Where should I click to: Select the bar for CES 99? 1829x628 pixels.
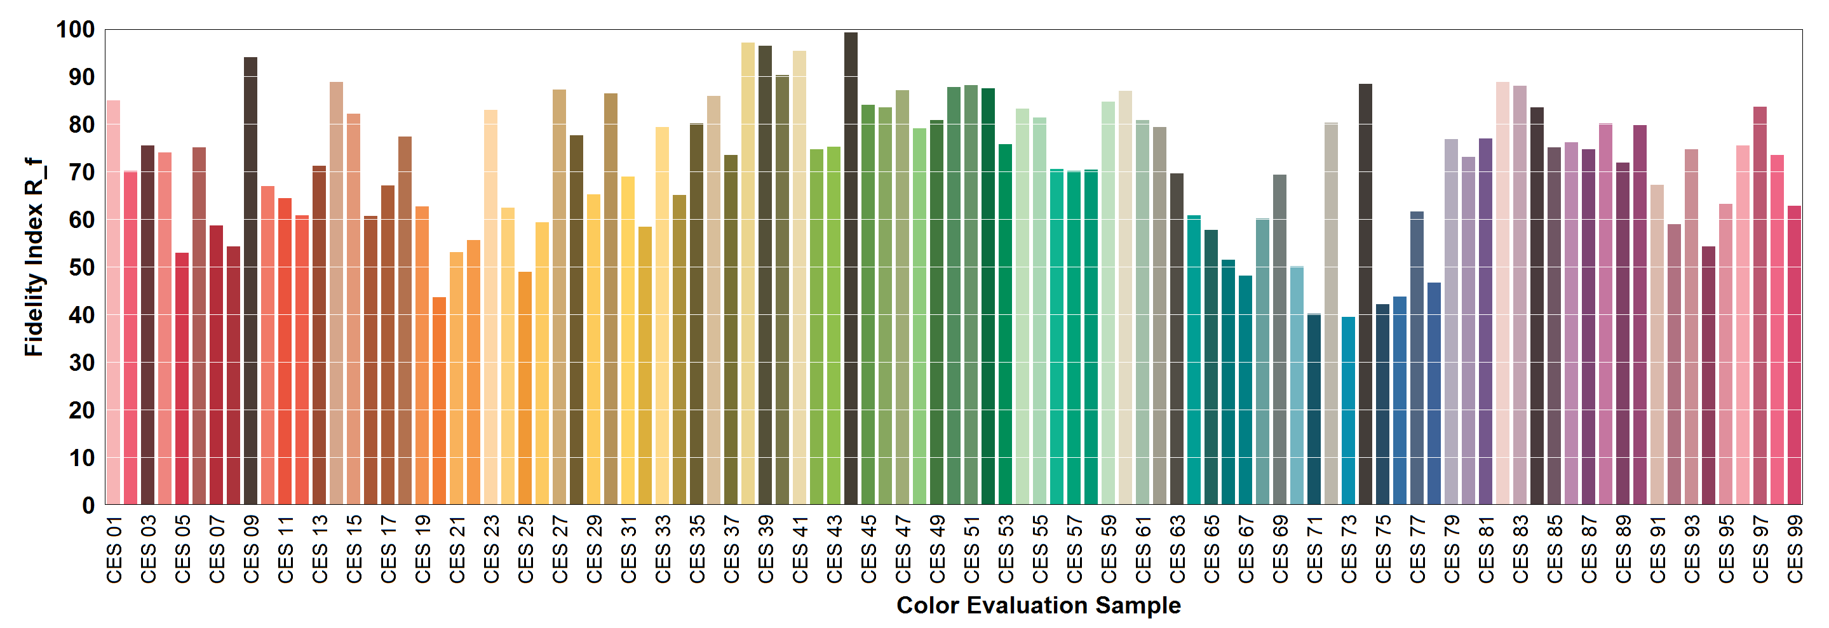(x=1794, y=355)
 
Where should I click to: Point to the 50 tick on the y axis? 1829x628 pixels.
(x=83, y=267)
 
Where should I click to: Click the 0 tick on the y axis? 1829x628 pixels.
(x=89, y=505)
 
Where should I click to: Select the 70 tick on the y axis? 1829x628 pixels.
(x=83, y=173)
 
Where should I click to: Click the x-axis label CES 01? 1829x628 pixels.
(x=114, y=550)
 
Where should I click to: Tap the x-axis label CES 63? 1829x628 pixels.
(x=1177, y=550)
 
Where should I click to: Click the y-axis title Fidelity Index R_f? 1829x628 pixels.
(x=34, y=257)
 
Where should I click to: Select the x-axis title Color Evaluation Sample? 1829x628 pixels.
(x=1038, y=605)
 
